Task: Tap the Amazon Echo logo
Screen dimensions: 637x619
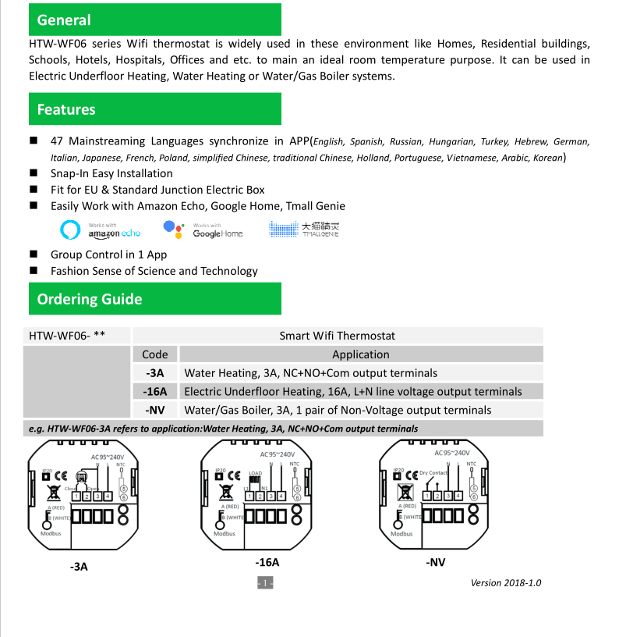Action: [x=101, y=230]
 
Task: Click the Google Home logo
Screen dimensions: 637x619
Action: [x=203, y=230]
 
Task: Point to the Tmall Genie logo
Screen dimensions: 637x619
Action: [x=304, y=229]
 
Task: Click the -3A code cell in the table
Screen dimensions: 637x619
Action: [x=155, y=373]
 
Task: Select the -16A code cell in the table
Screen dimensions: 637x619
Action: [x=155, y=392]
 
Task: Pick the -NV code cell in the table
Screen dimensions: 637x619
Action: [x=155, y=410]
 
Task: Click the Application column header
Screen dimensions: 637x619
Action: [x=360, y=354]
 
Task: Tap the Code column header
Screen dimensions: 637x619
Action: [x=155, y=354]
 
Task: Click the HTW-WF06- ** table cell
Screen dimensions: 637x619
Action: [x=68, y=336]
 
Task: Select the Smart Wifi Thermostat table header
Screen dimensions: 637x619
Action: [x=337, y=336]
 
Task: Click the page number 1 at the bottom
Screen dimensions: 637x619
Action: [x=265, y=582]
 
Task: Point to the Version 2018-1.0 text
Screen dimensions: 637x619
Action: [x=506, y=582]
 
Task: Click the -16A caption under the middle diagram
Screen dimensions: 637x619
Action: [x=267, y=562]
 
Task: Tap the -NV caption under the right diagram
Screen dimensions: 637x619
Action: [x=436, y=562]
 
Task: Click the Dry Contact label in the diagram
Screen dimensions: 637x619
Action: [x=433, y=473]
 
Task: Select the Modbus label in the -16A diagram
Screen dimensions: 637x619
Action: [x=225, y=534]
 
